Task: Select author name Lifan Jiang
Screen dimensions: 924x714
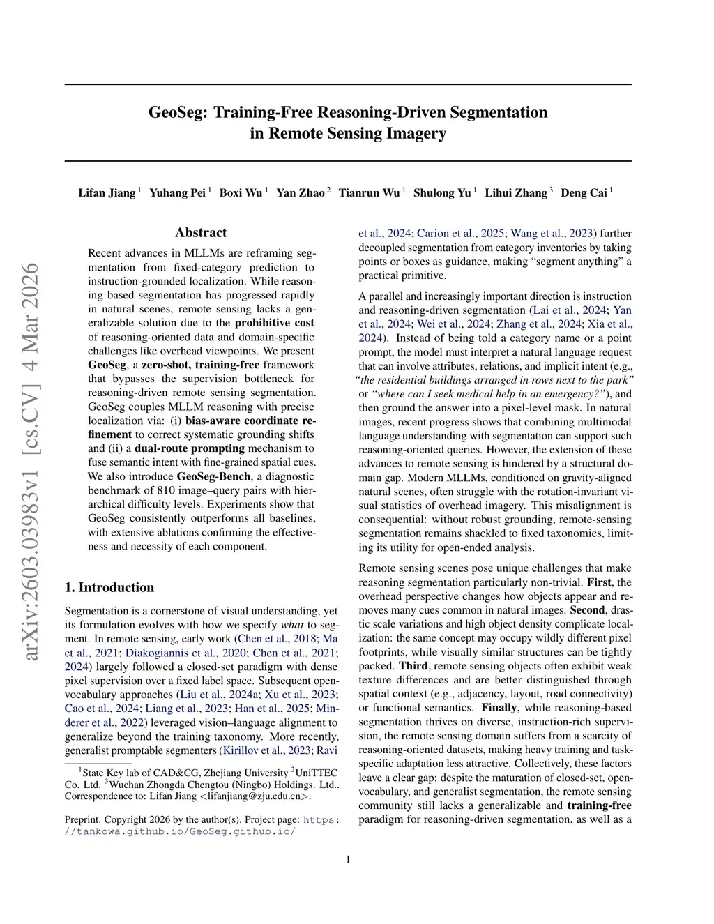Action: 107,193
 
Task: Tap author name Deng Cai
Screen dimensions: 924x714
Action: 584,193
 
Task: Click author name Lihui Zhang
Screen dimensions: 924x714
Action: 516,193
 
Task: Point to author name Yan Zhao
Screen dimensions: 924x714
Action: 301,193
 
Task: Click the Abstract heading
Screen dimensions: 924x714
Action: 201,233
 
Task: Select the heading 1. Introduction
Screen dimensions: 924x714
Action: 109,587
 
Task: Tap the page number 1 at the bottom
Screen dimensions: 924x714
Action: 348,859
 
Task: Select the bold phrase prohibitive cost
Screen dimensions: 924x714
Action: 274,323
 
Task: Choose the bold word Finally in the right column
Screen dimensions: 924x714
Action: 499,708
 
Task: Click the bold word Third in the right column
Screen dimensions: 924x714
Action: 413,666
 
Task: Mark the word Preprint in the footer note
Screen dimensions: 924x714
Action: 83,819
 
